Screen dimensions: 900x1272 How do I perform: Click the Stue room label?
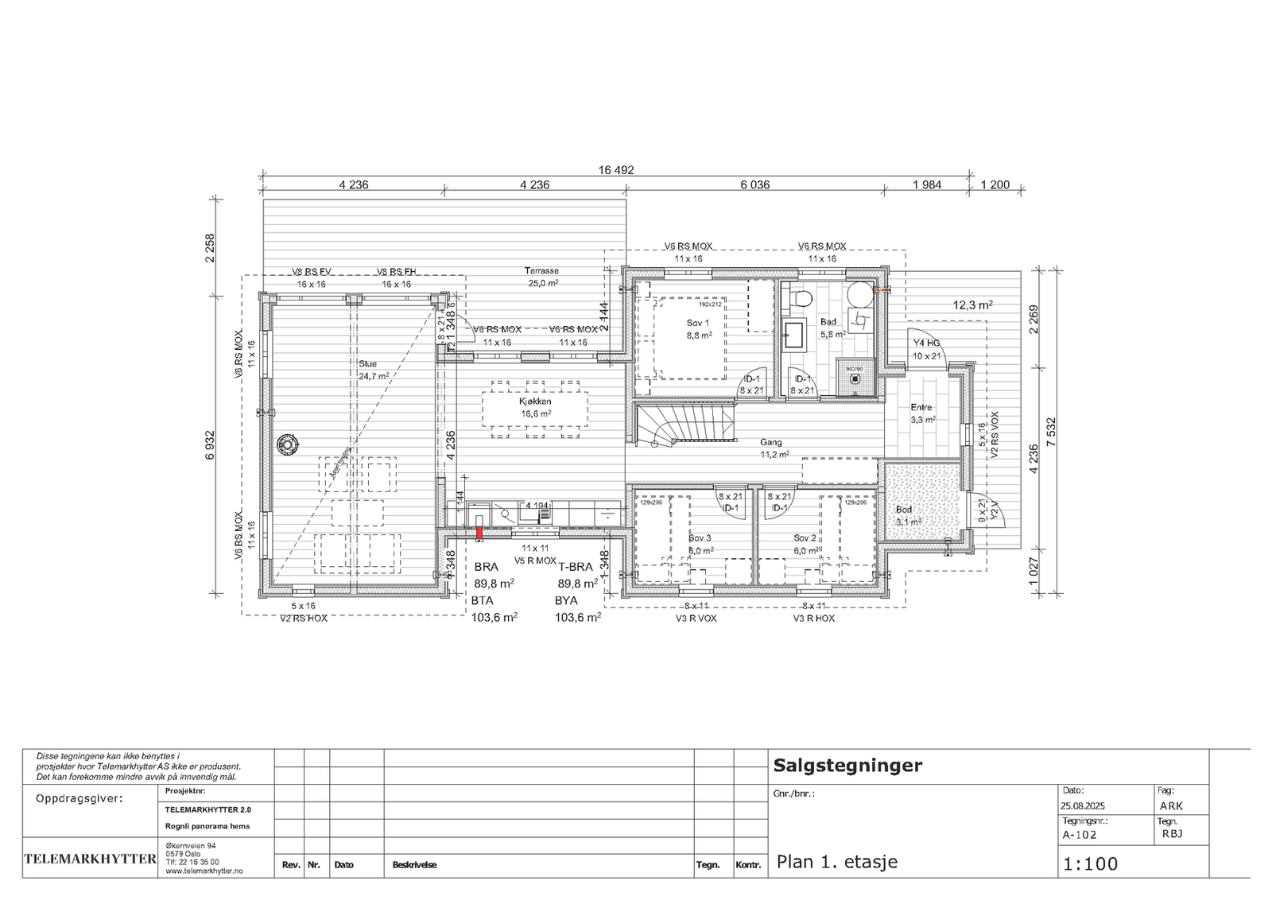click(x=367, y=364)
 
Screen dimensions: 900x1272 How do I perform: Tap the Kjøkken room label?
click(x=536, y=402)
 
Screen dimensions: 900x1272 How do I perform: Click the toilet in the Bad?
click(x=801, y=298)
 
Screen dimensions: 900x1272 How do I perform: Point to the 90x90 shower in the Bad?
click(x=855, y=377)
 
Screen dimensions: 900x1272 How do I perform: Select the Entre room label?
click(x=921, y=408)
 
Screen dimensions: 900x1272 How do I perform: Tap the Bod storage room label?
click(x=905, y=510)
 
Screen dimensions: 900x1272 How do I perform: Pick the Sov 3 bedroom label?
click(x=699, y=538)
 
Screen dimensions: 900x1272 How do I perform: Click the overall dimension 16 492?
click(x=616, y=170)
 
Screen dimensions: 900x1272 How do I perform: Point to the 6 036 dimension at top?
click(x=755, y=185)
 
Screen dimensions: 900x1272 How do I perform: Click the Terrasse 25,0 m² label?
click(x=542, y=271)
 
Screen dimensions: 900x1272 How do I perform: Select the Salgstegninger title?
click(x=847, y=766)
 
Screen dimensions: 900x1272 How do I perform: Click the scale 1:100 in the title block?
click(x=1090, y=863)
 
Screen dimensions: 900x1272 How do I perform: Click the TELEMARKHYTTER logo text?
click(x=91, y=859)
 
